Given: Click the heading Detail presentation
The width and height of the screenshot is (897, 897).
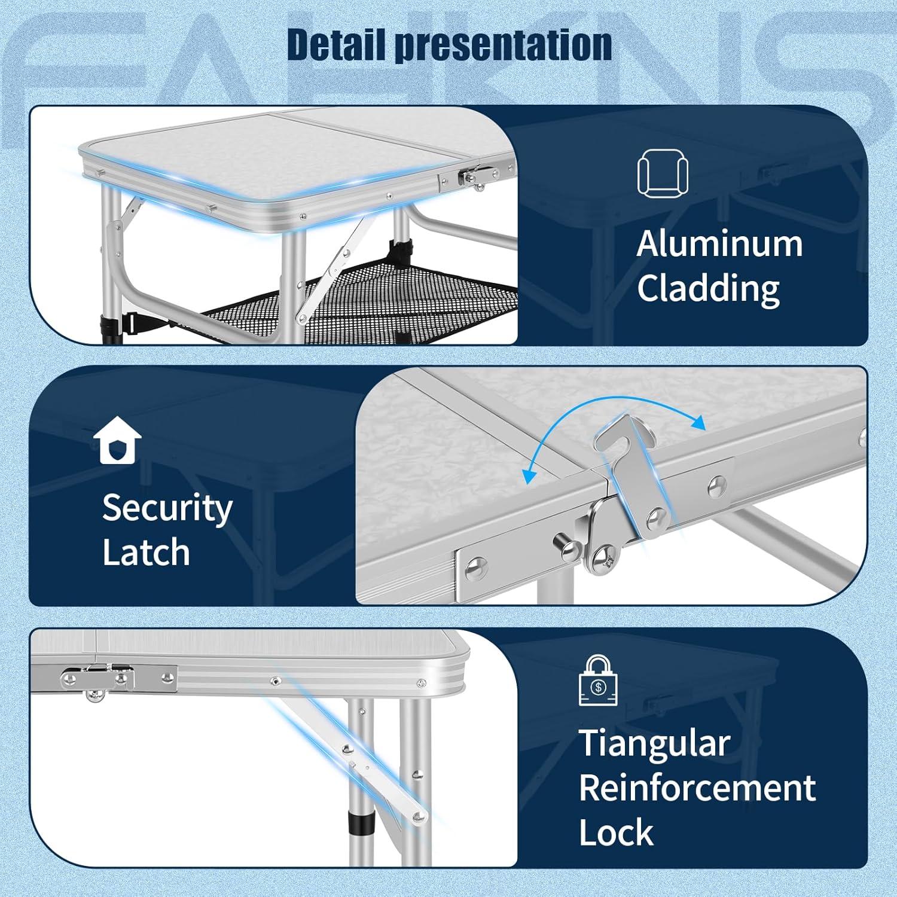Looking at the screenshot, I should pos(449,45).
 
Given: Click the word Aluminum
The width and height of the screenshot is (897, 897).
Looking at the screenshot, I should pos(719,244).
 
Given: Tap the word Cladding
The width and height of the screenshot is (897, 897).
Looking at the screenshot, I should pos(708,289).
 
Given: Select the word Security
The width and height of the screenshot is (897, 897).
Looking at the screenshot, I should pos(167,508).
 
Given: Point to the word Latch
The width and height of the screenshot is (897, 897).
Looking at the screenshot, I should pos(146,552).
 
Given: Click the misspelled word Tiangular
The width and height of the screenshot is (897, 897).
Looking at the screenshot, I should pos(654,743).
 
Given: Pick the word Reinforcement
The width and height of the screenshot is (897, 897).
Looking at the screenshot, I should pos(697,788).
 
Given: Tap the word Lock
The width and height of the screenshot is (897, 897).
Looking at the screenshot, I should pos(616,832).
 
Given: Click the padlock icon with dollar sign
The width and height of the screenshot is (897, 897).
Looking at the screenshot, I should pos(598,681).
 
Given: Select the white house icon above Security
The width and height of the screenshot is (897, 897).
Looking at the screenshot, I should pos(117,441).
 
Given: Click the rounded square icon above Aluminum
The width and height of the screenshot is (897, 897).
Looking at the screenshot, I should pos(663,173).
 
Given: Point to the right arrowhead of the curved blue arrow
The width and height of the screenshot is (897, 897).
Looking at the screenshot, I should pos(697,422).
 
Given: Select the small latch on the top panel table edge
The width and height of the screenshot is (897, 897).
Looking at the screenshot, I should pos(472,178).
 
